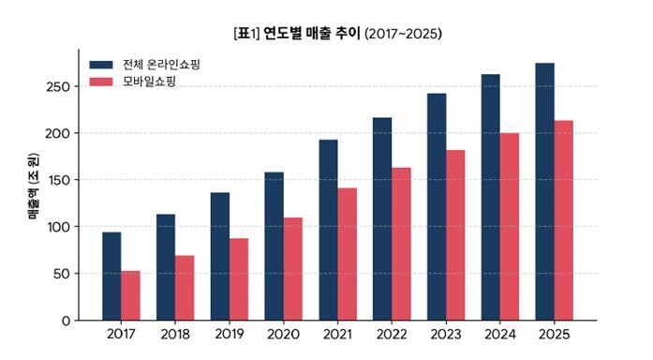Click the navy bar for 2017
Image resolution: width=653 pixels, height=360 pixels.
click(111, 277)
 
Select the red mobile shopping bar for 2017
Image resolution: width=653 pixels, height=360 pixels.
click(131, 296)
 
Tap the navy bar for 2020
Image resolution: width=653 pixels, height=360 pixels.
click(274, 247)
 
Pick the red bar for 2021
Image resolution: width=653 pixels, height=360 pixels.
click(348, 254)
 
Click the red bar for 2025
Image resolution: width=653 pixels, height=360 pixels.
click(563, 220)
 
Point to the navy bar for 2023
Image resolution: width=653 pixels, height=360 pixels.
click(437, 207)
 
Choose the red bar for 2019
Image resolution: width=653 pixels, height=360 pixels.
click(239, 279)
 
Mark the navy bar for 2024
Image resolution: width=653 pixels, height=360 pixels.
click(491, 198)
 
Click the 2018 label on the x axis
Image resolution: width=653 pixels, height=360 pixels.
click(175, 334)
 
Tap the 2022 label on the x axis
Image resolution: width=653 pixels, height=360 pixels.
click(392, 334)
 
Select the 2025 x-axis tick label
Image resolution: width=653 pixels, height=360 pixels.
click(554, 334)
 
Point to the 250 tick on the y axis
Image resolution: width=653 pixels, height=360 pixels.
click(58, 86)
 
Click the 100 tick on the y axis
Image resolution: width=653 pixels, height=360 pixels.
click(59, 227)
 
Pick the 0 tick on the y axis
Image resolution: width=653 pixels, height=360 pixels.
click(67, 321)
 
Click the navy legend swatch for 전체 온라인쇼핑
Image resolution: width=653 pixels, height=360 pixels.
click(101, 65)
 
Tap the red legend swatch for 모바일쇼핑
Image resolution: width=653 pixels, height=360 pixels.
click(101, 82)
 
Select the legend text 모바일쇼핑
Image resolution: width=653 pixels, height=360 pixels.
click(150, 82)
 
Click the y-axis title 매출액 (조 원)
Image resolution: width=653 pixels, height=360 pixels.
click(33, 187)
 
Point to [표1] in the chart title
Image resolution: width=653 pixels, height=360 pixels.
click(247, 34)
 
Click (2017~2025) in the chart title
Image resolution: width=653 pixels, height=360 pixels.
click(403, 34)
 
